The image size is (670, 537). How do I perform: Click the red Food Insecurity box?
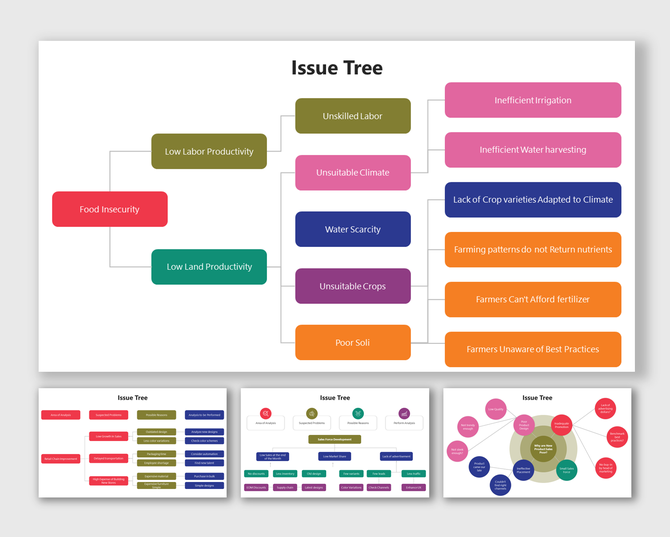coord(110,209)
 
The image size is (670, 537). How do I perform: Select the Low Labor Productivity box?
coord(209,151)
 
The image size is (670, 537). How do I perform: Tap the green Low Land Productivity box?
coord(209,267)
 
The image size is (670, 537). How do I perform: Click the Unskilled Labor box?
coord(353,116)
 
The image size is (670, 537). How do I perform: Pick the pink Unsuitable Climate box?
coord(353,173)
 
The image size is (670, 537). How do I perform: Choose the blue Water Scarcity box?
coord(353,229)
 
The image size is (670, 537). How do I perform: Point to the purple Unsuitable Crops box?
coord(353,286)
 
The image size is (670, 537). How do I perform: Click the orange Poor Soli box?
coord(353,343)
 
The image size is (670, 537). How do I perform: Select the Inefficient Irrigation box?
coord(533,100)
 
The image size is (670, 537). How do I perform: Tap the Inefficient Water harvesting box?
coord(533,150)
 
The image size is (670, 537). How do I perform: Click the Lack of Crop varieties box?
coord(533,200)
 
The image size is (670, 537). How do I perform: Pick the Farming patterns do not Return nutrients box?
coord(533,250)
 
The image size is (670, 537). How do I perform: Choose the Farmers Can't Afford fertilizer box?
coord(533,299)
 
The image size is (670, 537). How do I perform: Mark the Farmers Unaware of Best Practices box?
coord(533,349)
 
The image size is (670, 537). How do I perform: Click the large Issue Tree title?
coord(337,68)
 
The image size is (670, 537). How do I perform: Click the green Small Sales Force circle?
coord(566,468)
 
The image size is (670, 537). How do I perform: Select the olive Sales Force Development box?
coord(336,438)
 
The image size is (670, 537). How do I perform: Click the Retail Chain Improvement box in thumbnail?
coord(60,459)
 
